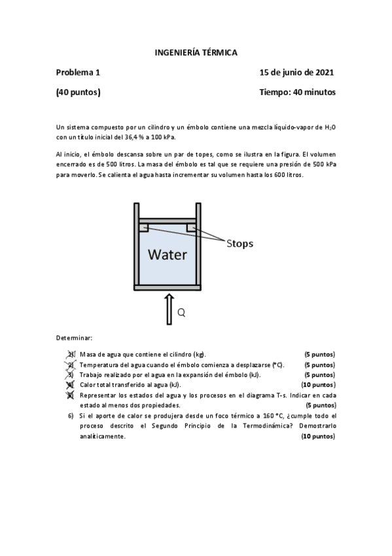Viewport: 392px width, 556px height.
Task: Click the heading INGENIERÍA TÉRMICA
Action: [196, 52]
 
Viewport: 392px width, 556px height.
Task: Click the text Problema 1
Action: [78, 72]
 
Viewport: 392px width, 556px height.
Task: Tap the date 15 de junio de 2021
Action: [297, 72]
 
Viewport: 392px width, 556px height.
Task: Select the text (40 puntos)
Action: [78, 92]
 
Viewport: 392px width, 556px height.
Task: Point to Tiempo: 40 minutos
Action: [297, 92]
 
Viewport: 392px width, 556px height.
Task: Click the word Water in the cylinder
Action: [167, 255]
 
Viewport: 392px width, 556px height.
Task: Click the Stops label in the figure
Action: [240, 243]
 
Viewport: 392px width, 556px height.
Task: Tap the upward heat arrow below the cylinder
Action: [168, 310]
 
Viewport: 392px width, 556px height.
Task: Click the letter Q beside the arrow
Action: [181, 313]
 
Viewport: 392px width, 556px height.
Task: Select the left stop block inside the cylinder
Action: [143, 228]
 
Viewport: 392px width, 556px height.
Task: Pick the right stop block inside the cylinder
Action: [191, 228]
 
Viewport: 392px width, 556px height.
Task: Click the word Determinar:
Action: [74, 338]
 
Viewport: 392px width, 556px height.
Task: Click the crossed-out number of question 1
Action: [71, 355]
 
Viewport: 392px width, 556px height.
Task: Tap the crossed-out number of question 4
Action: [71, 385]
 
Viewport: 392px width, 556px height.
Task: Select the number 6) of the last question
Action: [71, 416]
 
